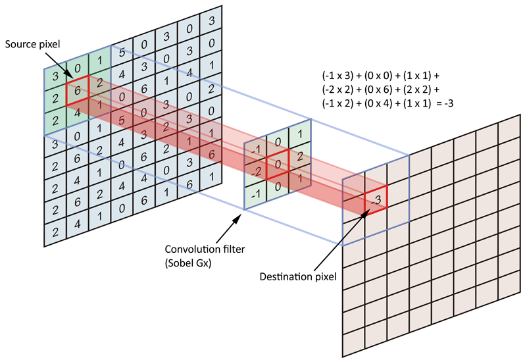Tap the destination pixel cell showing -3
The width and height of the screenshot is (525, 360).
376,199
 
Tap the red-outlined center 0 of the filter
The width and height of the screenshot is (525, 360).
278,163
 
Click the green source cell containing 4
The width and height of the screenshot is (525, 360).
77,113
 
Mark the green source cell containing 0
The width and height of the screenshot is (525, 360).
77,67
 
